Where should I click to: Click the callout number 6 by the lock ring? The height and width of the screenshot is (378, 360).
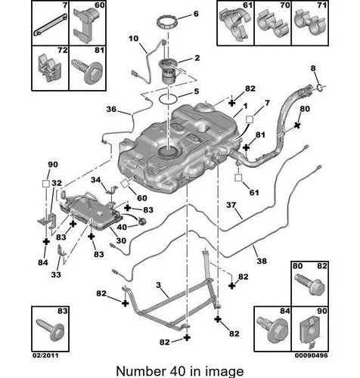(196, 14)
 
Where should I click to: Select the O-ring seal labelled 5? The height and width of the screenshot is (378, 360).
(168, 98)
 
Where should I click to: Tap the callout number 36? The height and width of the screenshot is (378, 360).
(111, 109)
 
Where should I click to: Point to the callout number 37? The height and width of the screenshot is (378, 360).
(231, 205)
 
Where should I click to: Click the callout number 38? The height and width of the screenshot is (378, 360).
(262, 261)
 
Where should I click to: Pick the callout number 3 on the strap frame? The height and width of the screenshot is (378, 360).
(158, 285)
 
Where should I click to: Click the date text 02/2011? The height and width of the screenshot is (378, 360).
(45, 355)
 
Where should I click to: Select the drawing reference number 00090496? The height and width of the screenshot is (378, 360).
(312, 355)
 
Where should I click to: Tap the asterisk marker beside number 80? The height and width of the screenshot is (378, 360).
(297, 125)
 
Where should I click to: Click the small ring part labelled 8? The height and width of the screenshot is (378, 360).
(319, 88)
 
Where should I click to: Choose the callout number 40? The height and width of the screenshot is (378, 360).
(122, 227)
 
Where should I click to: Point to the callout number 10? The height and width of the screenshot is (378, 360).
(133, 39)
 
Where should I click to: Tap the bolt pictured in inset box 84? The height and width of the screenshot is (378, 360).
(273, 330)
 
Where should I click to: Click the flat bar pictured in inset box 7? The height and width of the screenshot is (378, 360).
(51, 25)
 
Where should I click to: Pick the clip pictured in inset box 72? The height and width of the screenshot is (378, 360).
(49, 67)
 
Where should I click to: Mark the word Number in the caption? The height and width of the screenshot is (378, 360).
(140, 371)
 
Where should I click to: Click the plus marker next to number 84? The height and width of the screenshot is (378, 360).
(46, 242)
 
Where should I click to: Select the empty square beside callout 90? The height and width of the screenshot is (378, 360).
(46, 183)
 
